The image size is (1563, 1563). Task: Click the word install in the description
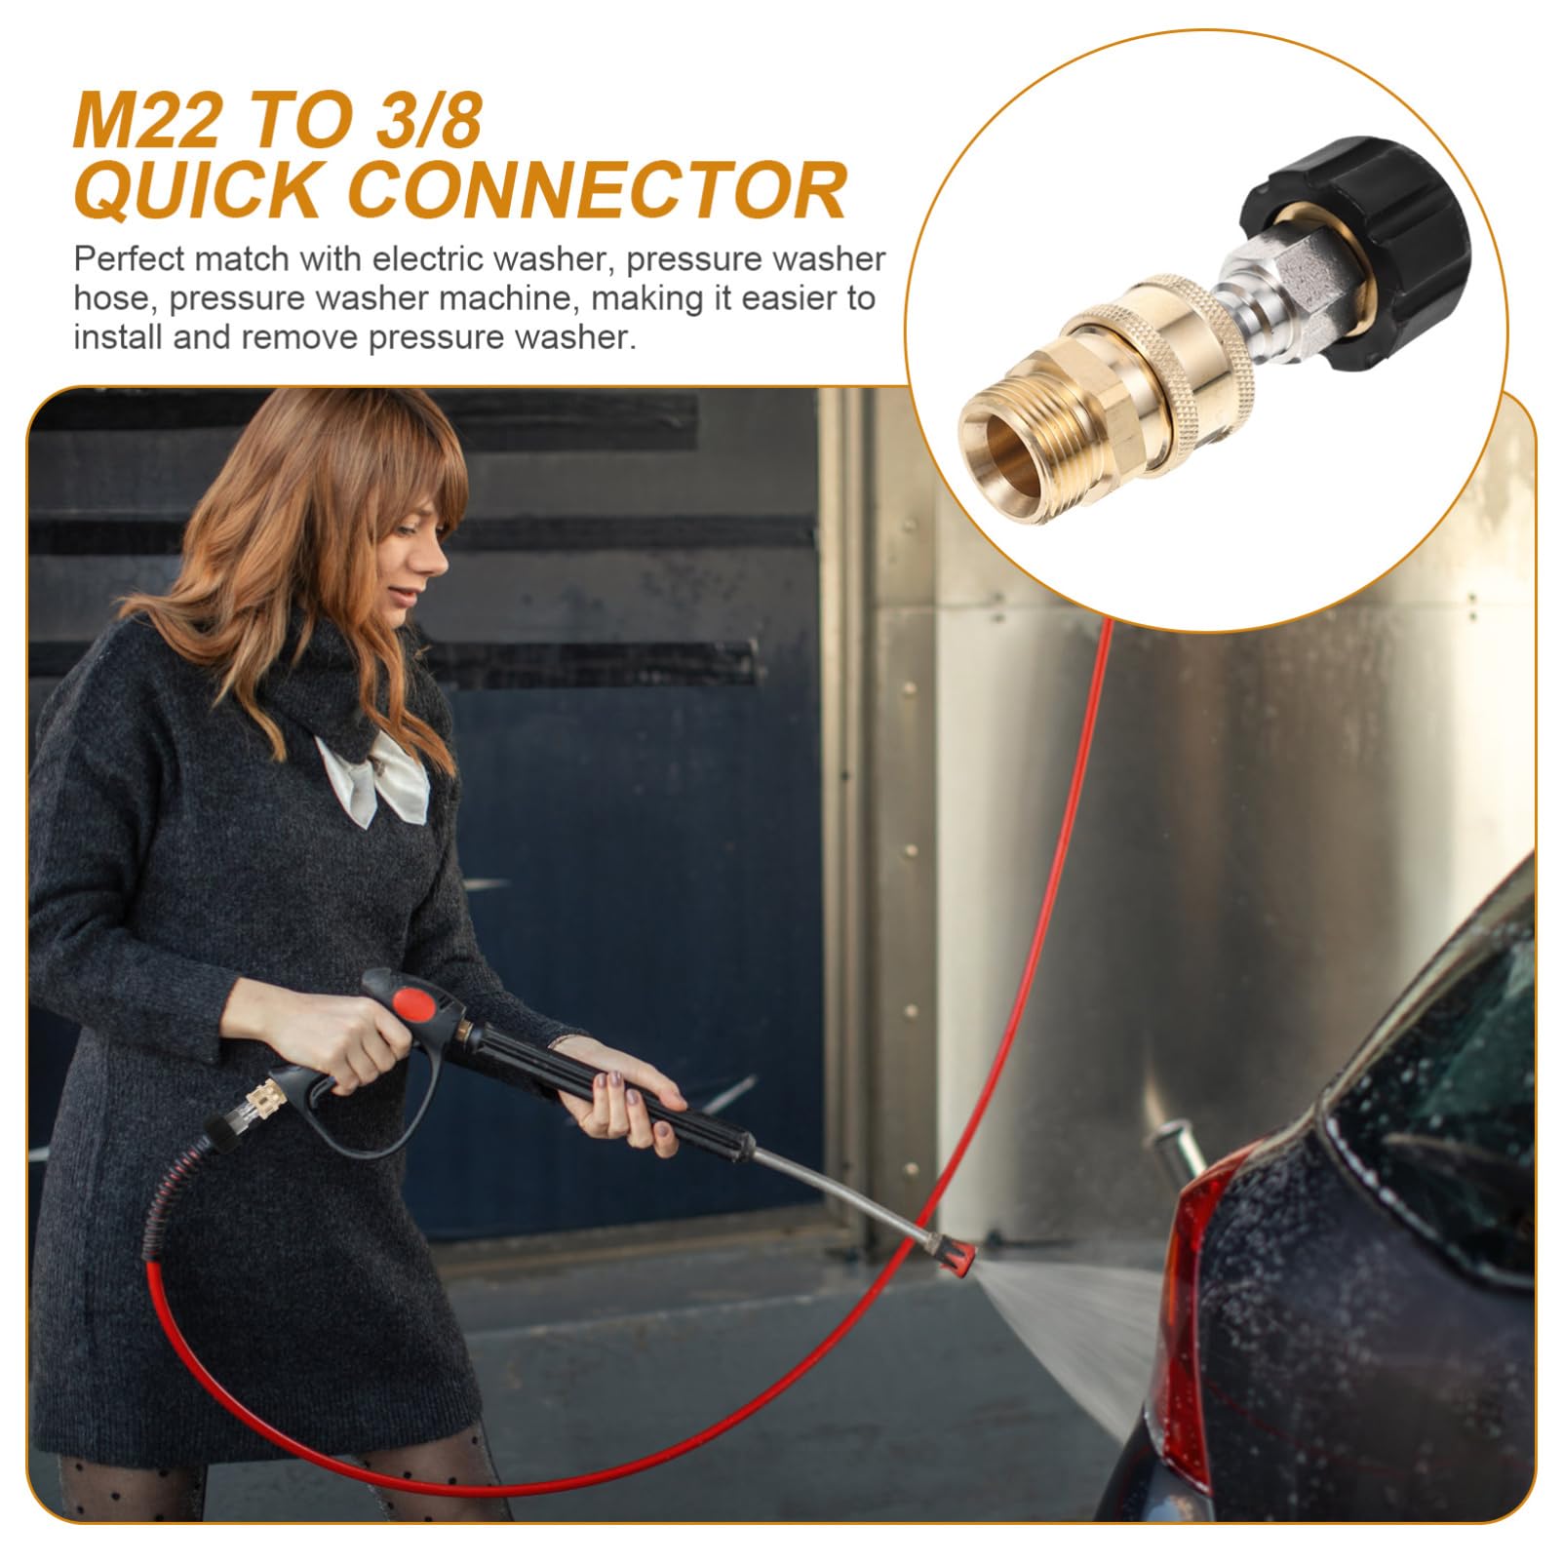click(x=116, y=337)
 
